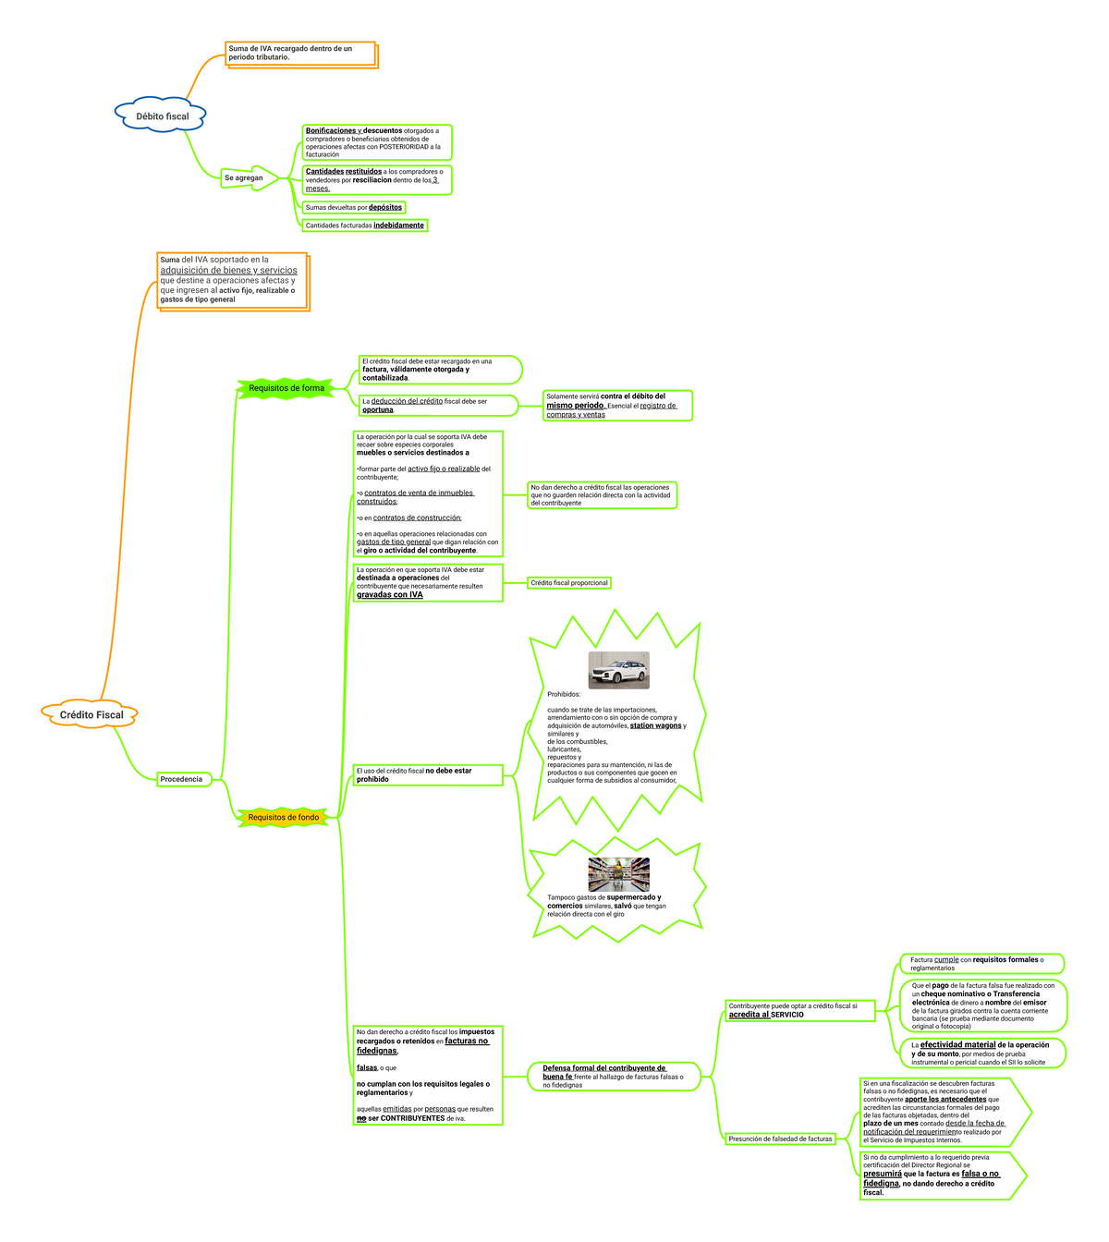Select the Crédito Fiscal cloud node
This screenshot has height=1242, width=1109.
(x=91, y=714)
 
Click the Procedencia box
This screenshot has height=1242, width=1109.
(x=184, y=779)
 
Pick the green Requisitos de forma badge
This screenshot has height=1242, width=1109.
(x=286, y=388)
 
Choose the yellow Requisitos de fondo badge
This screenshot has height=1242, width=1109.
(x=283, y=817)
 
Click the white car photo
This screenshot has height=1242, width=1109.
(x=618, y=670)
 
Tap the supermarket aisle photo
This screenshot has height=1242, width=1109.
(x=618, y=874)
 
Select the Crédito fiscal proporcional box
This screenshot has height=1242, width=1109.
(x=569, y=583)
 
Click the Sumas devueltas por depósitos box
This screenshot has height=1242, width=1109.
(x=354, y=207)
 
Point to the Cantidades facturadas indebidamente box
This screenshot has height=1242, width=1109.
(x=365, y=225)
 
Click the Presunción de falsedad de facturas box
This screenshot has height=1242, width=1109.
(x=780, y=1138)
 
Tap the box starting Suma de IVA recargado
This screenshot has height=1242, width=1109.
(x=300, y=53)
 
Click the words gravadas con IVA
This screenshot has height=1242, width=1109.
(x=390, y=595)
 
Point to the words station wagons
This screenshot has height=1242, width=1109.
(x=655, y=726)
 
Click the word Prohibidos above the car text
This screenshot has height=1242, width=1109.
(x=564, y=694)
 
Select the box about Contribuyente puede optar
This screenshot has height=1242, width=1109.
(x=799, y=1010)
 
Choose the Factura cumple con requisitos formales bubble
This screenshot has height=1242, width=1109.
(x=981, y=964)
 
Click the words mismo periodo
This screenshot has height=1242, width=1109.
(x=574, y=406)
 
